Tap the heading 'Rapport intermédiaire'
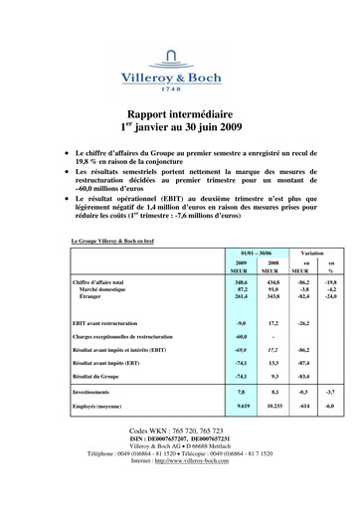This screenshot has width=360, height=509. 180,114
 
